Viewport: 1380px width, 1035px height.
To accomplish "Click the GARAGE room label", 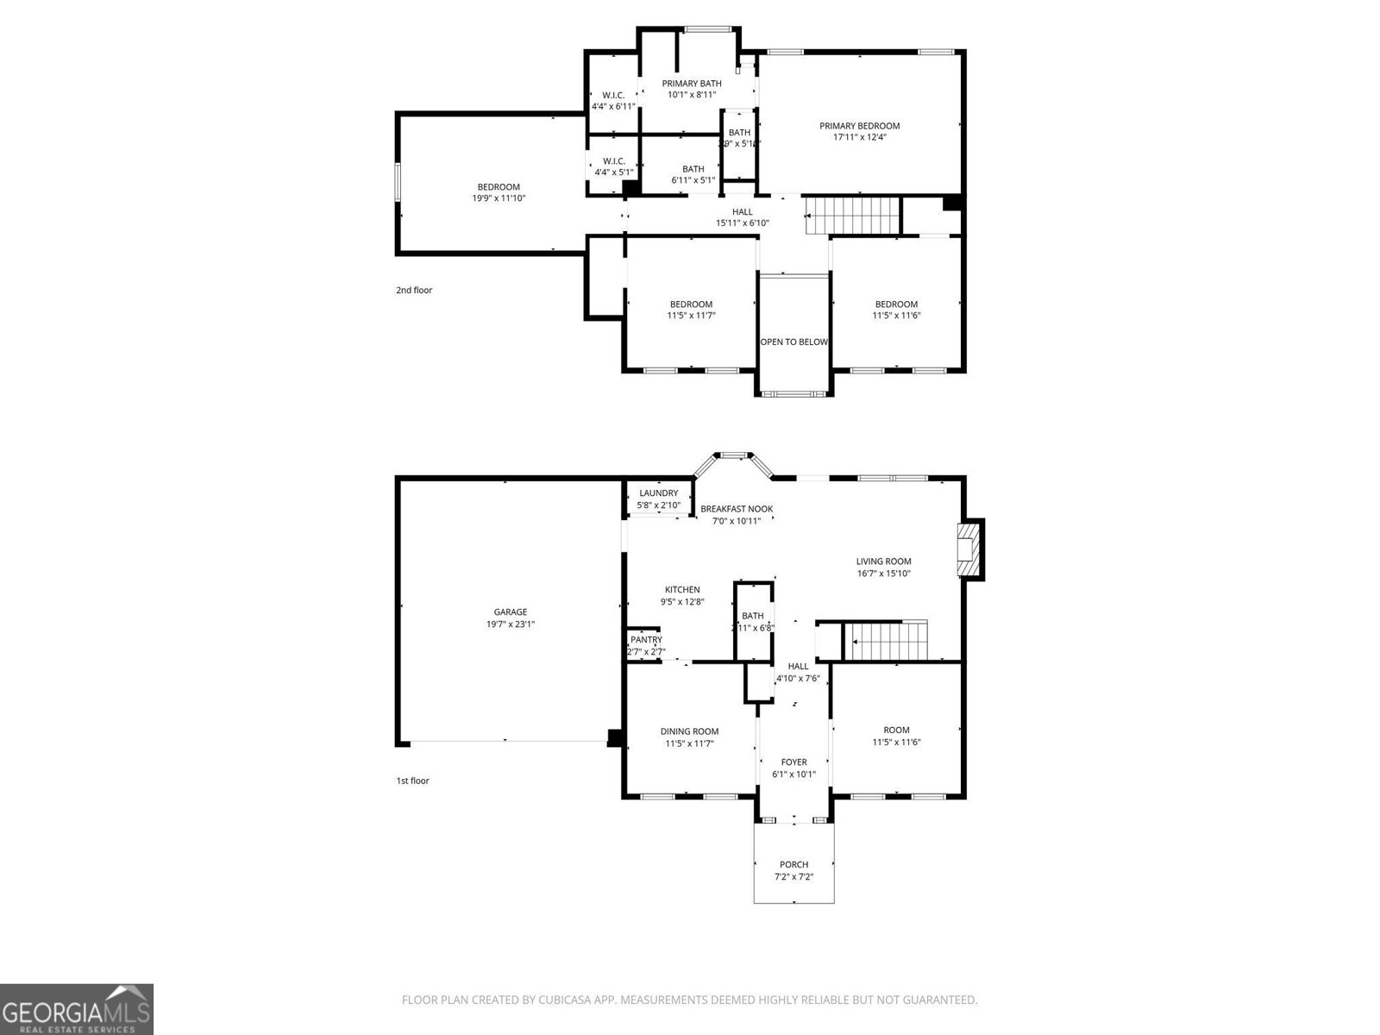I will tap(510, 612).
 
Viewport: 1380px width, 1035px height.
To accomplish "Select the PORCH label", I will tap(793, 864).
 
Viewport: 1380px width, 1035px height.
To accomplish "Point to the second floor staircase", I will tap(852, 215).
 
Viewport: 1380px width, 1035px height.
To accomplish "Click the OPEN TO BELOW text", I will tap(793, 342).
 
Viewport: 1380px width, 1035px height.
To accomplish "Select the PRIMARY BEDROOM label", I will tap(859, 126).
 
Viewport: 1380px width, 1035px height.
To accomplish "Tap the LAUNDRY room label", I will tap(658, 493).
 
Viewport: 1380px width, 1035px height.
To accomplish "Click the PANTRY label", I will tap(646, 640).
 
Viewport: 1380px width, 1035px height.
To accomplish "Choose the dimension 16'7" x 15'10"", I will tap(883, 574).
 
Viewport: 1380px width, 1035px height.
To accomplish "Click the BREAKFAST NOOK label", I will tap(736, 509).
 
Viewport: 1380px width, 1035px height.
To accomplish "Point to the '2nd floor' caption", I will tap(414, 291).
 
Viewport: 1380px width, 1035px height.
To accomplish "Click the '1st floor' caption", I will tap(412, 781).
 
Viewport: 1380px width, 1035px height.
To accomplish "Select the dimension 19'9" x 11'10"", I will tap(499, 198).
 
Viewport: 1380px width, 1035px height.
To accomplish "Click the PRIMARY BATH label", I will tap(692, 84).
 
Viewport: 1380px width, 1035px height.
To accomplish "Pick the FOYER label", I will tap(793, 762).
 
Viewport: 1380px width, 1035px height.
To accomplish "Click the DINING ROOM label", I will tap(689, 731).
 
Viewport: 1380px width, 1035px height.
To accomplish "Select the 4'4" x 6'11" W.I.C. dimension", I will tap(613, 107).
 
